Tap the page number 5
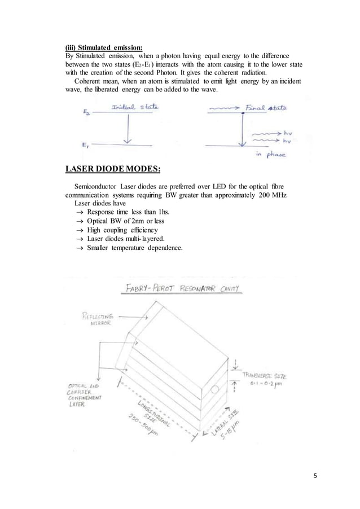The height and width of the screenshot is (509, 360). point(315,476)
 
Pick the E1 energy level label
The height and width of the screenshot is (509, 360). point(83,145)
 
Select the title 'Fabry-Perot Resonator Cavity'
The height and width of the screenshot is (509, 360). point(181,289)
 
